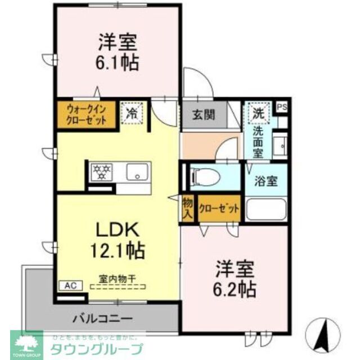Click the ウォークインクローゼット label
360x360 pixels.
pyautogui.click(x=86, y=115)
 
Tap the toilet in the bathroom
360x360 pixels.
pyautogui.click(x=205, y=175)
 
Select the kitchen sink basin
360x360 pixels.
pyautogui.click(x=136, y=171)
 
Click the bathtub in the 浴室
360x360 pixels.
pyautogui.click(x=266, y=209)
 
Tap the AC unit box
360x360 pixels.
pyautogui.click(x=70, y=285)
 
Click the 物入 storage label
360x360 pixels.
pyautogui.click(x=187, y=209)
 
